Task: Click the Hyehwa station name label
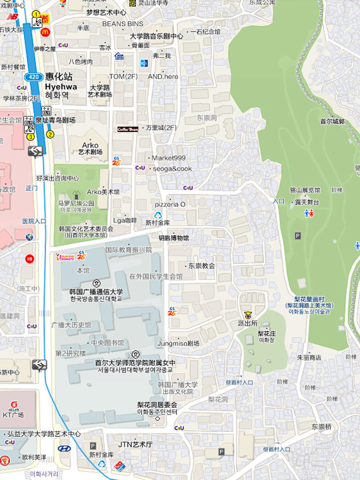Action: (61, 86)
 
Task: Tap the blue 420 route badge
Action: (32, 77)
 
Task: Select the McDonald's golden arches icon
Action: (46, 31)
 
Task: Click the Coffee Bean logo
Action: (127, 129)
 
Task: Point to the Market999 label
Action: (169, 158)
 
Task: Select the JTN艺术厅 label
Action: (135, 444)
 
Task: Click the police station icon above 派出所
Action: (249, 313)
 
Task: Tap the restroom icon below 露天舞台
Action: (309, 213)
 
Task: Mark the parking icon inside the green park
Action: (297, 235)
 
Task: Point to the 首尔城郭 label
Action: (332, 121)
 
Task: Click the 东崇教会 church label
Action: (201, 265)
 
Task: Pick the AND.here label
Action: (163, 77)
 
